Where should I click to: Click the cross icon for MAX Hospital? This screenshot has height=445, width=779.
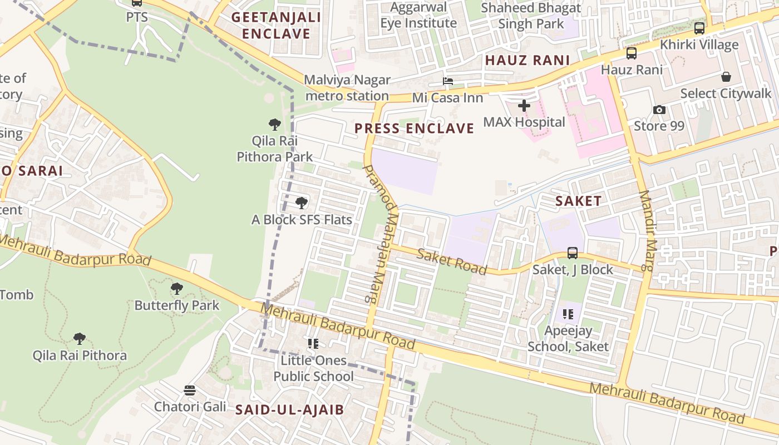(524, 105)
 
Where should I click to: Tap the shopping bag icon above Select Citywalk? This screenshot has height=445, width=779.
(726, 77)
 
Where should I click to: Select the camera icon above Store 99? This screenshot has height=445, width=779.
(659, 110)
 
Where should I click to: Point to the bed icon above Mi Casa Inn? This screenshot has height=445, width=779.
(447, 81)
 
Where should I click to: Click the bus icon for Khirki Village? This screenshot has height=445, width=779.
(699, 28)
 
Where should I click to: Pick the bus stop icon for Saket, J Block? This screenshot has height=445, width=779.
(573, 253)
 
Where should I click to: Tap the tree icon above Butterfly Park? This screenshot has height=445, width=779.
(177, 288)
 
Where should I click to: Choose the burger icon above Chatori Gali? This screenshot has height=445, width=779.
(190, 390)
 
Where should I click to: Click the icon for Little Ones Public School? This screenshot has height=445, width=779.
(313, 344)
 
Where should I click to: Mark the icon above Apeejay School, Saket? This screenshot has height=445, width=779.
(568, 314)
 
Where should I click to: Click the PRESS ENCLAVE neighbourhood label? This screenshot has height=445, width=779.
(415, 128)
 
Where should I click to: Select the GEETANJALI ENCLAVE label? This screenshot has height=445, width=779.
(276, 25)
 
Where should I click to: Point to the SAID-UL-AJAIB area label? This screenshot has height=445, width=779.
(289, 410)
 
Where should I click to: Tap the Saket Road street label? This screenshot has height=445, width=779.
(452, 261)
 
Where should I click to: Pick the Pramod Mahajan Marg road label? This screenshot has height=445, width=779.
(381, 234)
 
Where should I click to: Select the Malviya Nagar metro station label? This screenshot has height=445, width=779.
(347, 88)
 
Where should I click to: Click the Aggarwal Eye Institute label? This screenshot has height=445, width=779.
(418, 15)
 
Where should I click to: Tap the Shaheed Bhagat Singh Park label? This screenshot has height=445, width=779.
(531, 16)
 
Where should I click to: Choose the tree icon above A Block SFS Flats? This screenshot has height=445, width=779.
(302, 203)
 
